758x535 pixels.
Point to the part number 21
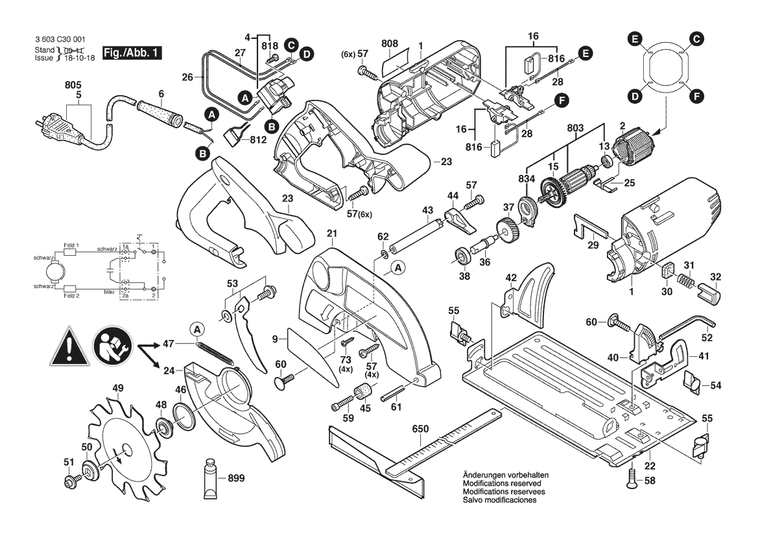point(332,233)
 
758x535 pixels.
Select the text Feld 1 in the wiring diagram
point(71,245)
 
